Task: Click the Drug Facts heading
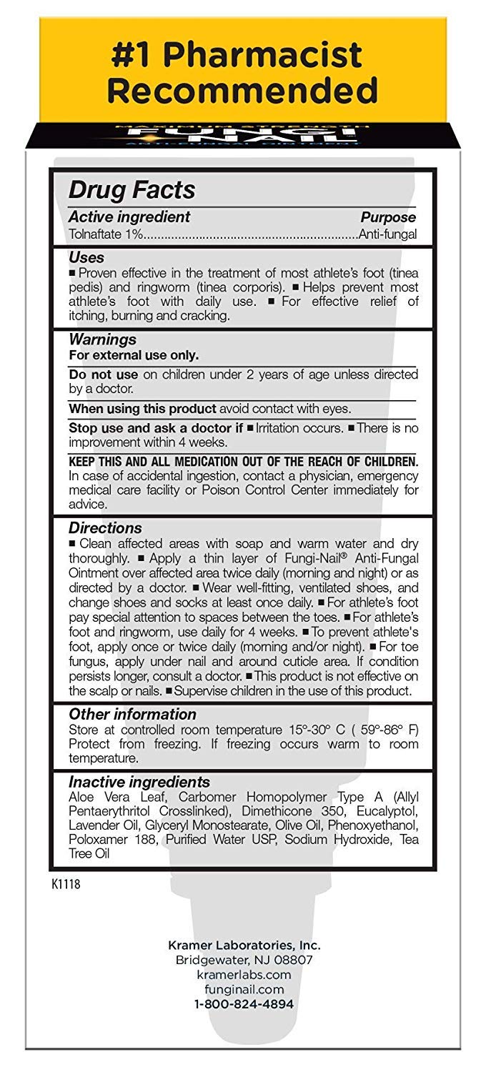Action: pyautogui.click(x=132, y=190)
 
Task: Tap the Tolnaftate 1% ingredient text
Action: pyautogui.click(x=106, y=234)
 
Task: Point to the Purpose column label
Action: pyautogui.click(x=387, y=217)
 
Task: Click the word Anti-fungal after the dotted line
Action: pyautogui.click(x=387, y=234)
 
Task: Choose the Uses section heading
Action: pyautogui.click(x=86, y=257)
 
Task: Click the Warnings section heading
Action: pyautogui.click(x=102, y=339)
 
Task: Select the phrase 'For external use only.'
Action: pyautogui.click(x=134, y=355)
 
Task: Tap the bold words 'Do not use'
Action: pyautogui.click(x=96, y=374)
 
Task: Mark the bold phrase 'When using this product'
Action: pyautogui.click(x=142, y=409)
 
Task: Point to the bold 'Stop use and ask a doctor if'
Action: pyautogui.click(x=156, y=428)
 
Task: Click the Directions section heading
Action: pyautogui.click(x=105, y=528)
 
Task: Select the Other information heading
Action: pyautogui.click(x=132, y=714)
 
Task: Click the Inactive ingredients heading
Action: pyautogui.click(x=139, y=782)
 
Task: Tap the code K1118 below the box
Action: pyautogui.click(x=66, y=885)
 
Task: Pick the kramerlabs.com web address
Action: pyautogui.click(x=244, y=975)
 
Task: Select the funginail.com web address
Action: pyautogui.click(x=244, y=990)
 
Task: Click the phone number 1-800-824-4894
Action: pyautogui.click(x=244, y=1004)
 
